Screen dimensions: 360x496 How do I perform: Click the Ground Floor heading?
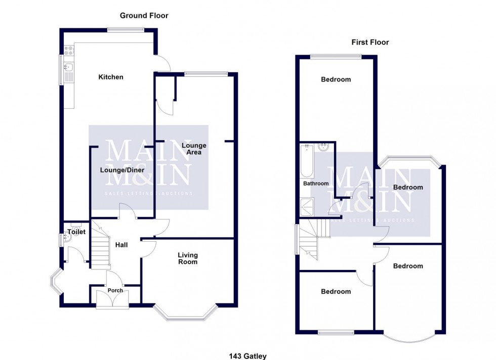click(144, 16)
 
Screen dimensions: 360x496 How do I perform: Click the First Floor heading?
click(370, 42)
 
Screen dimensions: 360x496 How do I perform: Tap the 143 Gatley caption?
click(247, 356)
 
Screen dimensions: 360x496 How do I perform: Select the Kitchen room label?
click(111, 77)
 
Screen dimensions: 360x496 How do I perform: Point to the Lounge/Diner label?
click(122, 170)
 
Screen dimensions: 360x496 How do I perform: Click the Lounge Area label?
click(194, 149)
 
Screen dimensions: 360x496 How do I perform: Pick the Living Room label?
click(187, 258)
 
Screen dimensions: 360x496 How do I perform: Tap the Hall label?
click(121, 245)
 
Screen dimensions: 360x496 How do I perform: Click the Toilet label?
click(76, 232)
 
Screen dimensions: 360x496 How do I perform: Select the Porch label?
click(115, 291)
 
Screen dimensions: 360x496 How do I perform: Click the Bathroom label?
click(316, 184)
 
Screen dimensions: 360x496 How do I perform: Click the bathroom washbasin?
click(324, 148)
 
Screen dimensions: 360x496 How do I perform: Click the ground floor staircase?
click(101, 247)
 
